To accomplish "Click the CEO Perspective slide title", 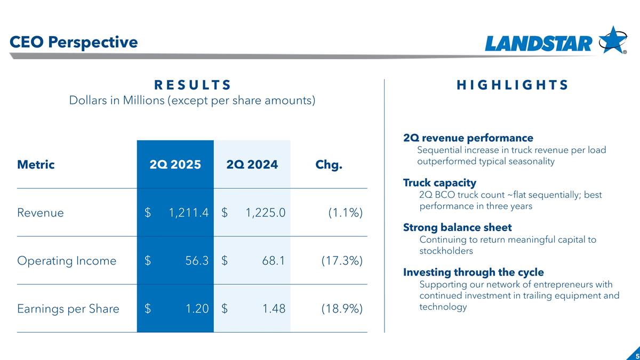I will click(74, 42).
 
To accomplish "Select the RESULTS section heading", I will click(193, 85).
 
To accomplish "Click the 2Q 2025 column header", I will click(175, 164).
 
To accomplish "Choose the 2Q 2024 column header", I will click(252, 164).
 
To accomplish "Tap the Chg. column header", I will click(329, 164).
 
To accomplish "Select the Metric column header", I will click(36, 164).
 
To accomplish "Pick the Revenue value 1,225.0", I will click(265, 213).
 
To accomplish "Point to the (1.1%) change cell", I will click(345, 213).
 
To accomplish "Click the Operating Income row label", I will click(67, 261).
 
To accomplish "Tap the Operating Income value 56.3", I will click(198, 261).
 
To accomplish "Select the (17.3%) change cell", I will click(342, 261).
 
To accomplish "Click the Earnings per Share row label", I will click(68, 308).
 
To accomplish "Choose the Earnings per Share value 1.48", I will click(274, 308).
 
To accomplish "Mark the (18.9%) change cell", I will click(342, 308).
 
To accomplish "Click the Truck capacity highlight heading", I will click(439, 183).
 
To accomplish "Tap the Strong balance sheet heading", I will click(457, 228).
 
